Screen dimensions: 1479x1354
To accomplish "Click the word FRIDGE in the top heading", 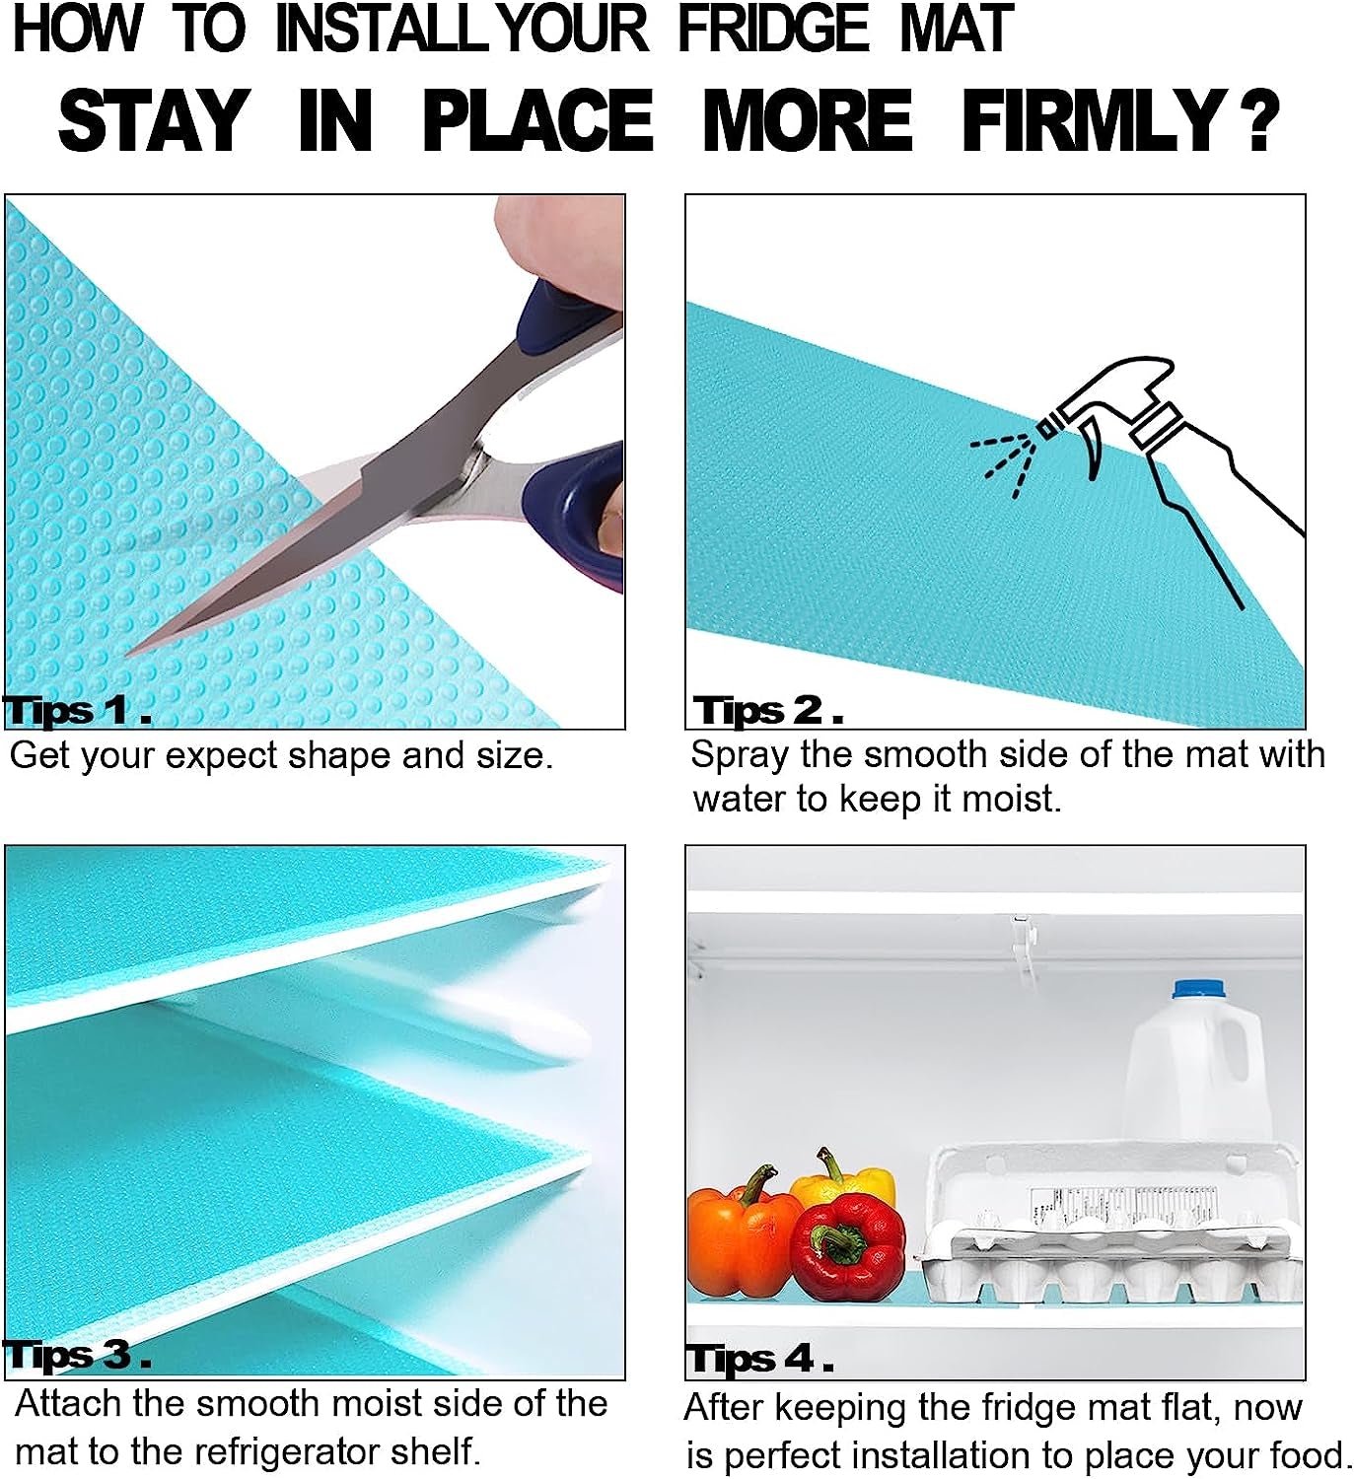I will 773,29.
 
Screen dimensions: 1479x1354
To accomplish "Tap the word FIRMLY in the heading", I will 1094,121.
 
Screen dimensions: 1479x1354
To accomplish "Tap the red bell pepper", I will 848,1247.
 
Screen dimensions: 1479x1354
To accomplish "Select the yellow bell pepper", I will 846,1180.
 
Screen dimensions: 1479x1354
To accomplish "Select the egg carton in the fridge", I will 1109,1232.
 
